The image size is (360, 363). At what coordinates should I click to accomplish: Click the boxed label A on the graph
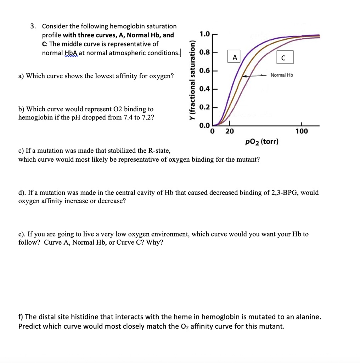(234, 57)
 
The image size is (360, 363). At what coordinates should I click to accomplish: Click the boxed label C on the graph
(283, 57)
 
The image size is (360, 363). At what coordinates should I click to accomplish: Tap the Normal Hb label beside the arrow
(282, 75)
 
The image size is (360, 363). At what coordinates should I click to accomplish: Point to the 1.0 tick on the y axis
(204, 34)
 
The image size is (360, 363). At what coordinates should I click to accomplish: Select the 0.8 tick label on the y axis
(204, 52)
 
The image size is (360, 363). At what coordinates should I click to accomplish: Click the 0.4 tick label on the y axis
(204, 89)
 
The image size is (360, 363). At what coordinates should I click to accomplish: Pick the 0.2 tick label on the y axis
(204, 107)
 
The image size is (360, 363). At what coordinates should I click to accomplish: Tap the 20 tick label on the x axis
(230, 132)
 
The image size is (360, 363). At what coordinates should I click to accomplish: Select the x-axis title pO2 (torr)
(261, 142)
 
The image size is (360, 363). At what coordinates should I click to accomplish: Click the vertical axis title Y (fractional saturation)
(192, 80)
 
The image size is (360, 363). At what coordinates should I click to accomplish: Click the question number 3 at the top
(32, 26)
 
